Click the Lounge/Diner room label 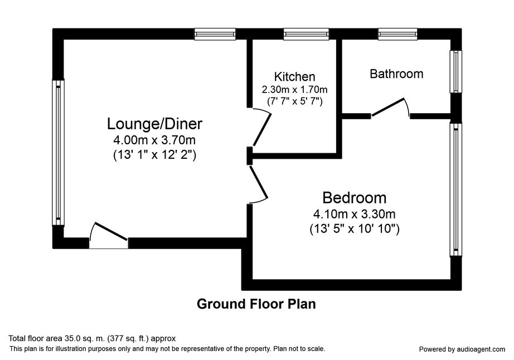point(155,124)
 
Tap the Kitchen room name point(295,77)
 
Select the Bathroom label point(396,74)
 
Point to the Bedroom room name point(355,198)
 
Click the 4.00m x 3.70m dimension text point(154,140)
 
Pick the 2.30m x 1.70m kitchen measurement point(295,89)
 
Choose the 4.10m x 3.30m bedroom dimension point(355,214)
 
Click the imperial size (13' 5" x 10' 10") point(355,228)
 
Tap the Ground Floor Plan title point(256,304)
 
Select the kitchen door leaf point(262,129)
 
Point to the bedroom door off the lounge point(259,183)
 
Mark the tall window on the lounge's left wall point(58,152)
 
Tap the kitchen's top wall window point(306,34)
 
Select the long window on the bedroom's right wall point(455,189)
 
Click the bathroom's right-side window point(455,72)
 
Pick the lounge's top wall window point(215,34)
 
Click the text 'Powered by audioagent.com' point(462,349)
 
